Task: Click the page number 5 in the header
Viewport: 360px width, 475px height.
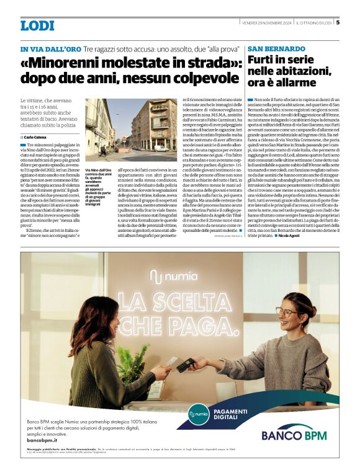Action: click(x=337, y=23)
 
